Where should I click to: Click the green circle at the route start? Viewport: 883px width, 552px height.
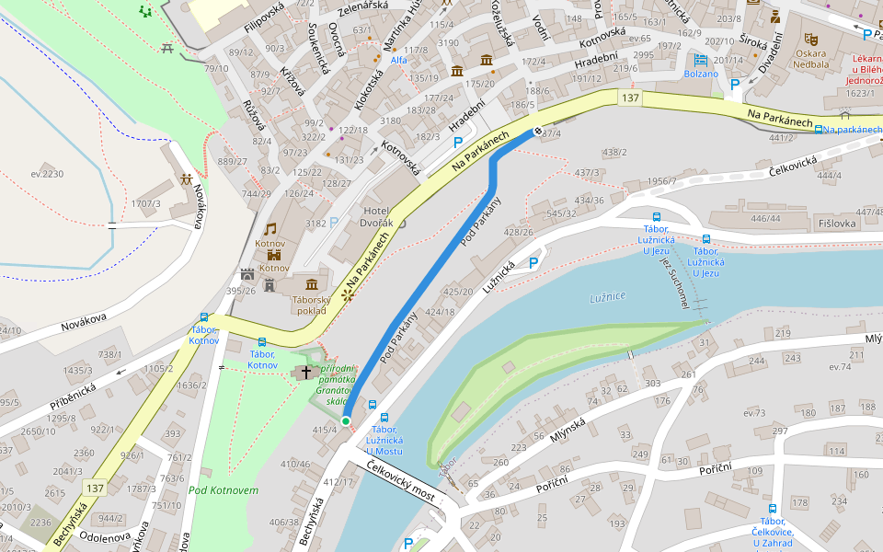point(346,421)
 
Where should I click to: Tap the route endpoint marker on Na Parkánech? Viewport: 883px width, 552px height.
point(538,132)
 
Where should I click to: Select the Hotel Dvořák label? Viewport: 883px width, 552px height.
point(378,217)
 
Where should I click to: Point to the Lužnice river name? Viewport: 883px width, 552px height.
point(607,296)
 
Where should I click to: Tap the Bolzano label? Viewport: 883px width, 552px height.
point(701,74)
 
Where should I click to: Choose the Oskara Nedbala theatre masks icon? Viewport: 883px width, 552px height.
point(810,40)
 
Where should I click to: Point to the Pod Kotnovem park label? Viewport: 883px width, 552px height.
point(223,489)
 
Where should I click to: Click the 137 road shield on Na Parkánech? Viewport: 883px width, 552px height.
point(629,98)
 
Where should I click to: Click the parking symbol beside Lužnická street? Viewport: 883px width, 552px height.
point(533,264)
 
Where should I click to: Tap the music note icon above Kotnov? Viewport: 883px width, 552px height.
point(270,228)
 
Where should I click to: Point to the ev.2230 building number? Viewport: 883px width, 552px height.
point(47,174)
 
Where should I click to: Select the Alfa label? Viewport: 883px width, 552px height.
point(399,60)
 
